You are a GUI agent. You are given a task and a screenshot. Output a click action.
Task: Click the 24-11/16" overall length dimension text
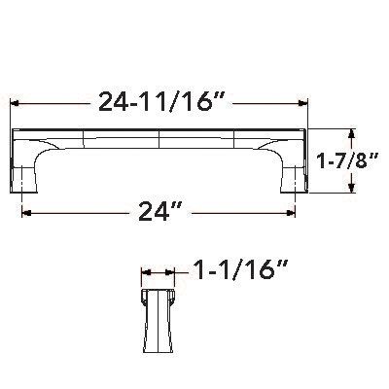159,99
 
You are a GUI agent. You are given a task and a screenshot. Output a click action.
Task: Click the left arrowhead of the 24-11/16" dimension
15,100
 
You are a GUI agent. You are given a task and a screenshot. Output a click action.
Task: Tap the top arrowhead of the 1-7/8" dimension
351,131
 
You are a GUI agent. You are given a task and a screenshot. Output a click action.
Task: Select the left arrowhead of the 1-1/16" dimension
145,273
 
